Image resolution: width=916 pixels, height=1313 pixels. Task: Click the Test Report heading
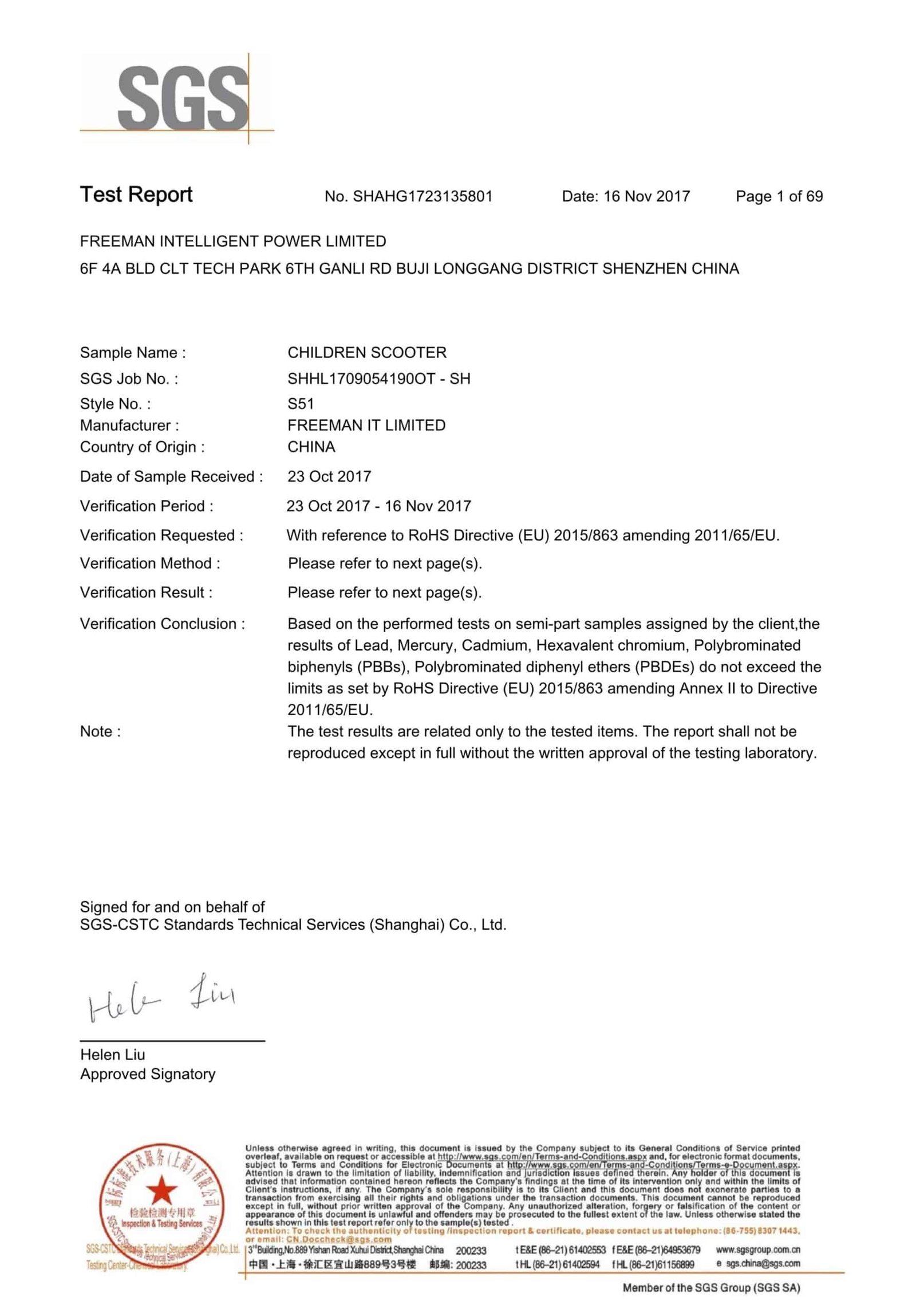(136, 195)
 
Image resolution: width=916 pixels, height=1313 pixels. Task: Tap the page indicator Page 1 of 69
(779, 197)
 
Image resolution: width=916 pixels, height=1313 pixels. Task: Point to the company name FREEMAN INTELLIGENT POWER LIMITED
(233, 241)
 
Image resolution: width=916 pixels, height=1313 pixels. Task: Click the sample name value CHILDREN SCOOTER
(367, 352)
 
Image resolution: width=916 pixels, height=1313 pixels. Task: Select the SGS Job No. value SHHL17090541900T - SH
(379, 379)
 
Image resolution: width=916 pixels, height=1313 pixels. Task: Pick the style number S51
(301, 404)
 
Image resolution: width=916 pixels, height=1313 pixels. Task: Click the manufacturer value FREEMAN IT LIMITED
(366, 425)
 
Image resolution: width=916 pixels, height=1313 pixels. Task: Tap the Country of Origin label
(142, 447)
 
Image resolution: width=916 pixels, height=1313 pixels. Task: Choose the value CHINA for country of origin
(311, 447)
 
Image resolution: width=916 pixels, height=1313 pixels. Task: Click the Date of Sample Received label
(171, 477)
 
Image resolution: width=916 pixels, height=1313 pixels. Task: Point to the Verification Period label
(147, 506)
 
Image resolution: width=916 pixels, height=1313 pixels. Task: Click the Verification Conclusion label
(162, 624)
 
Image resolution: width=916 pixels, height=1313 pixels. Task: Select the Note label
(100, 731)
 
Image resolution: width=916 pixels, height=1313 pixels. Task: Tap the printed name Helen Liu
(113, 1054)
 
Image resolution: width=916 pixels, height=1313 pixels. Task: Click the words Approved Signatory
(148, 1074)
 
